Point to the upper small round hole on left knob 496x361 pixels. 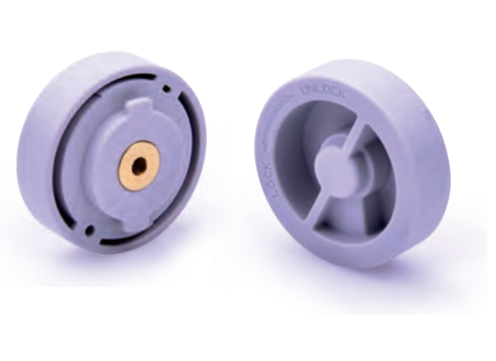pyautogui.click(x=166, y=89)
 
